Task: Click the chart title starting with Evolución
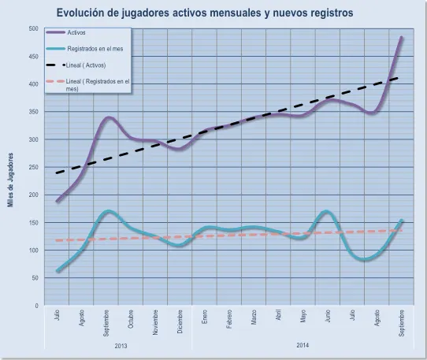tap(205, 13)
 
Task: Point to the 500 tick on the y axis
tap(33, 29)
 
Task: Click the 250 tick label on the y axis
tap(33, 167)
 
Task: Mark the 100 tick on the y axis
tap(33, 251)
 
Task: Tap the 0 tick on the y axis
tap(36, 306)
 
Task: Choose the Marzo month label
tap(254, 319)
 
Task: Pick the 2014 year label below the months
tap(303, 346)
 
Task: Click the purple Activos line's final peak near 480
tap(402, 37)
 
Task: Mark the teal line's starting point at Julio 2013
tap(58, 271)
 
